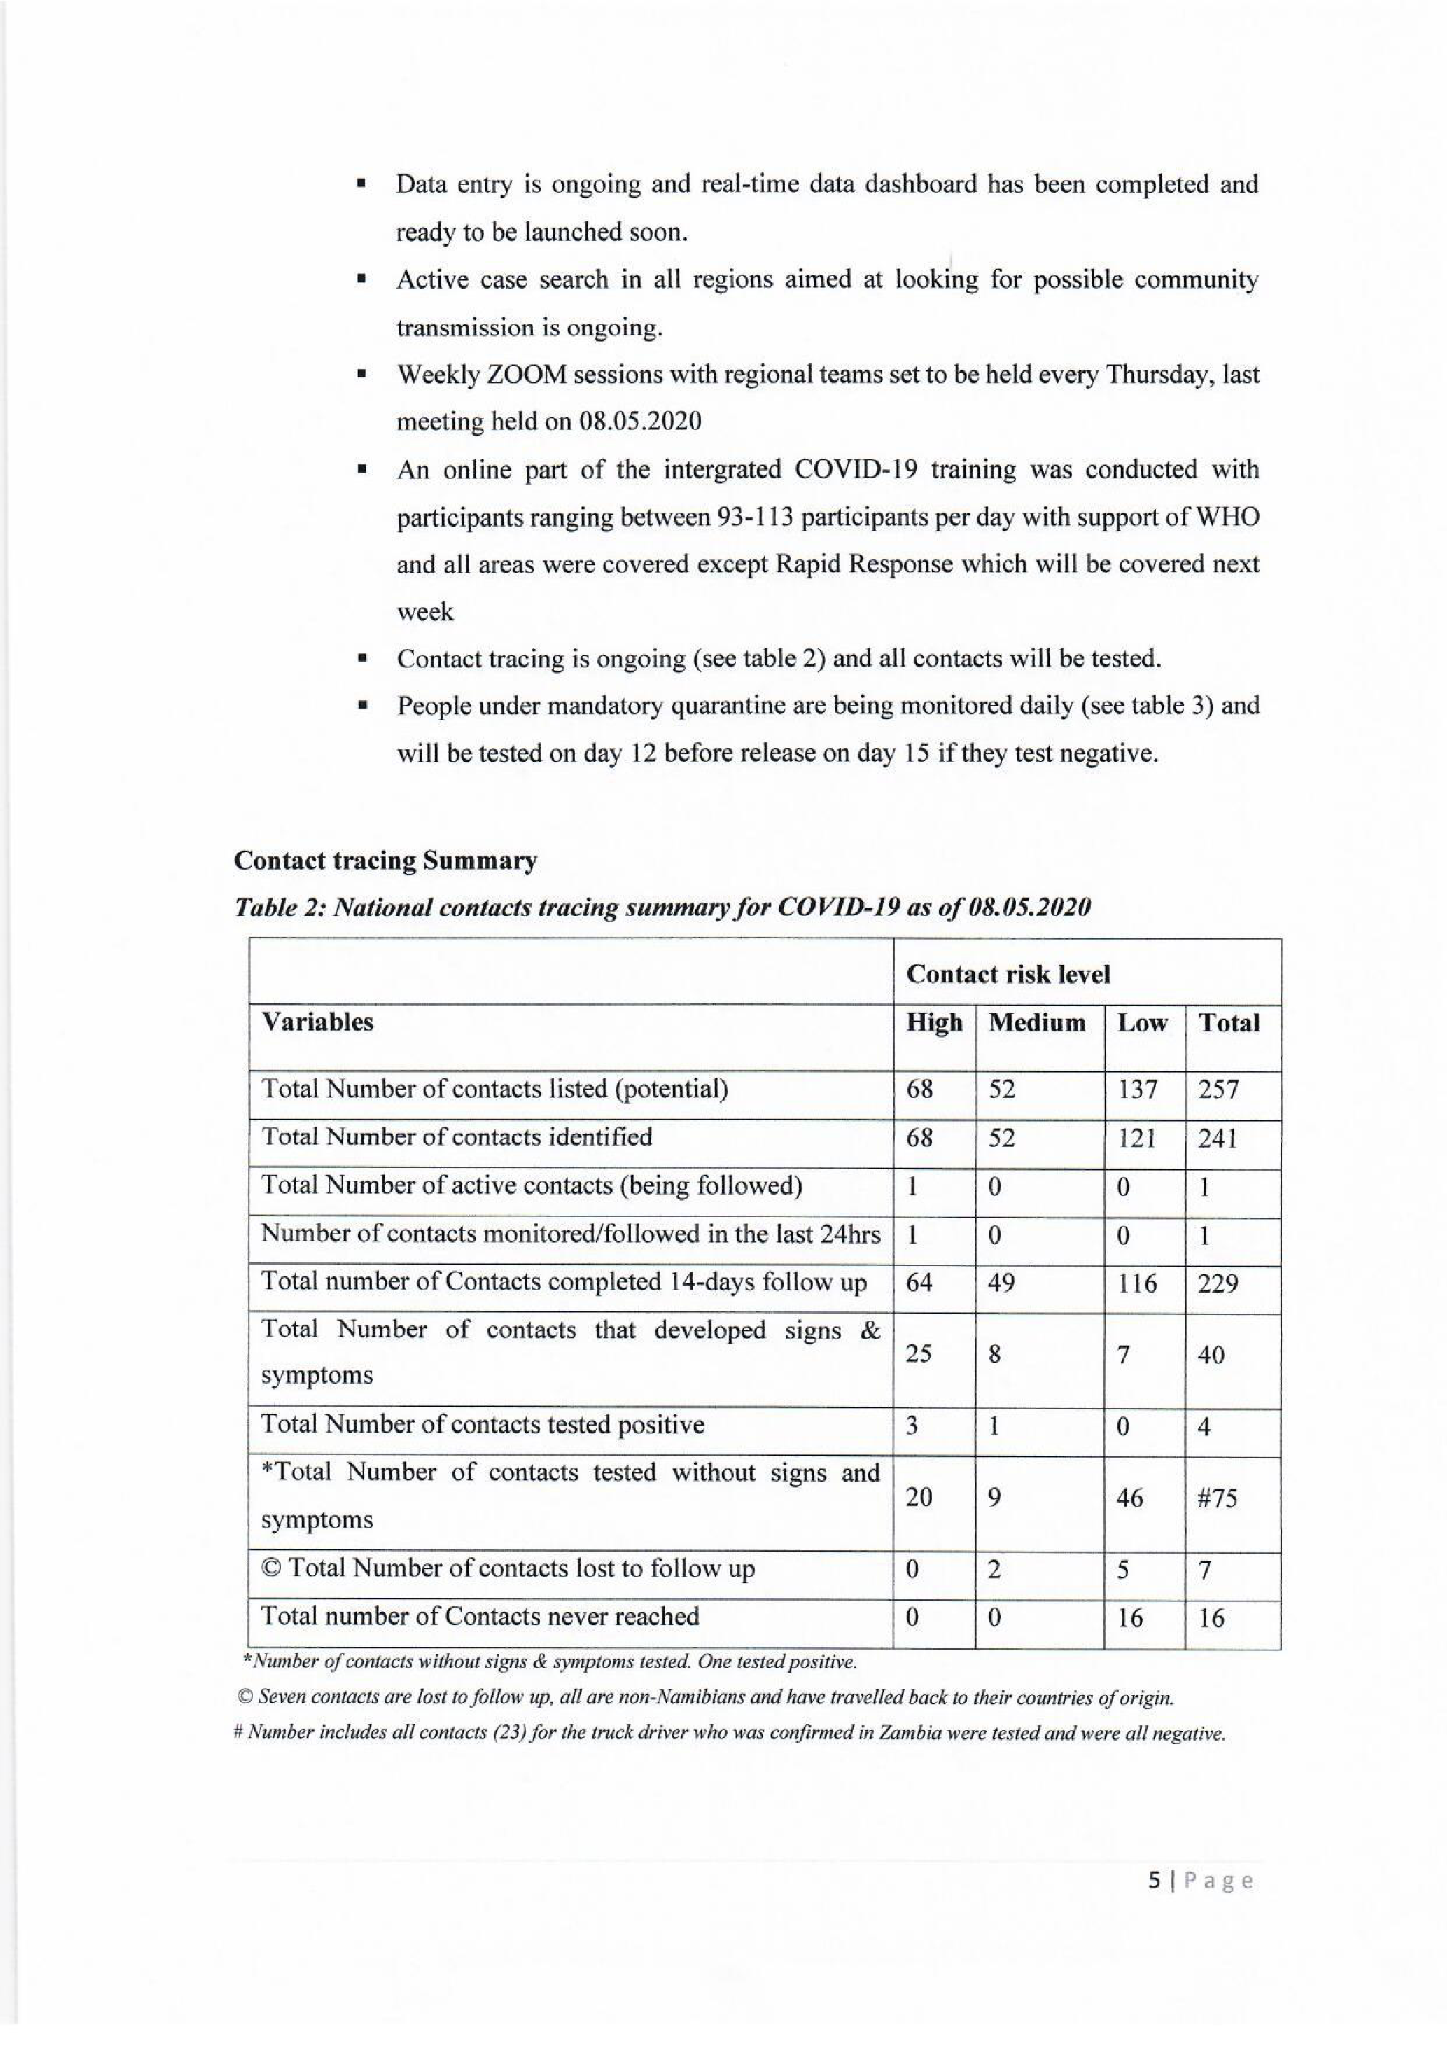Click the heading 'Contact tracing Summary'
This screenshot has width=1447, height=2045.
click(385, 861)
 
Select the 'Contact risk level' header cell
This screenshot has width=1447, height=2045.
click(1008, 975)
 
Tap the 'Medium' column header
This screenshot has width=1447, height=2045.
click(1037, 1023)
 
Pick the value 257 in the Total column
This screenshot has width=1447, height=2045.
click(1218, 1089)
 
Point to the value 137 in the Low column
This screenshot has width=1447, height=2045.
click(1137, 1089)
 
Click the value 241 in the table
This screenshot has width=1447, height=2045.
click(1217, 1138)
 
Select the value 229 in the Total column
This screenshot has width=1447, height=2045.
click(1217, 1284)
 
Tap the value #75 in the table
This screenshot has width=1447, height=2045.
click(1217, 1498)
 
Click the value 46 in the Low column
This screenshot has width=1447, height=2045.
click(1130, 1498)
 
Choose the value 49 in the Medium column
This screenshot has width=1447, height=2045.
click(1002, 1284)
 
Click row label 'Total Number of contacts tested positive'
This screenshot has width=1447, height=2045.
click(482, 1425)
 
